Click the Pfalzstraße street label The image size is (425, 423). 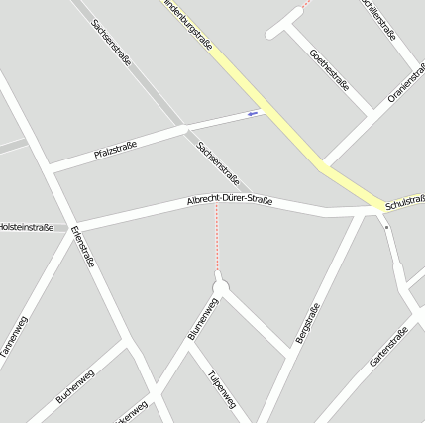pyautogui.click(x=115, y=149)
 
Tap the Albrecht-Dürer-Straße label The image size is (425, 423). pyautogui.click(x=230, y=201)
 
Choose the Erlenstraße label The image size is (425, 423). pyautogui.click(x=83, y=247)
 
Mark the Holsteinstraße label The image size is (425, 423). pyautogui.click(x=26, y=227)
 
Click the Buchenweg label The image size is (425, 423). pyautogui.click(x=76, y=381)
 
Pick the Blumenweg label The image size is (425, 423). pyautogui.click(x=203, y=319)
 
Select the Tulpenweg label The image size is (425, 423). pyautogui.click(x=223, y=389)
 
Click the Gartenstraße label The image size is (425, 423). pyautogui.click(x=389, y=347)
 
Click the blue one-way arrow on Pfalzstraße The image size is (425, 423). pyautogui.click(x=253, y=114)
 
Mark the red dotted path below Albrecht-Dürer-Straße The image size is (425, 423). pyautogui.click(x=218, y=243)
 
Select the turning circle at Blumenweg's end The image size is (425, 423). pyautogui.click(x=220, y=287)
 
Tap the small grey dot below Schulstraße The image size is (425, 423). pyautogui.click(x=387, y=227)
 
